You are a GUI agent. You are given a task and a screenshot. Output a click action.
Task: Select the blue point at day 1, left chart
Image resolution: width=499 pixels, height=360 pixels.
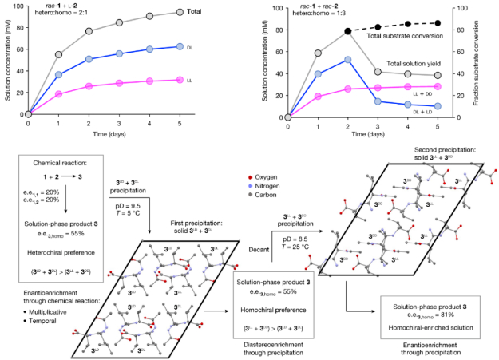click(58, 74)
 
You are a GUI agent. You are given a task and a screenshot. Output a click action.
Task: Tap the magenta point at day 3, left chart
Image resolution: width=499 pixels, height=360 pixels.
click(119, 83)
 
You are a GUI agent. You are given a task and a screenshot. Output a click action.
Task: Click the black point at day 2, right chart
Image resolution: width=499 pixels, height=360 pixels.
click(348, 32)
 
